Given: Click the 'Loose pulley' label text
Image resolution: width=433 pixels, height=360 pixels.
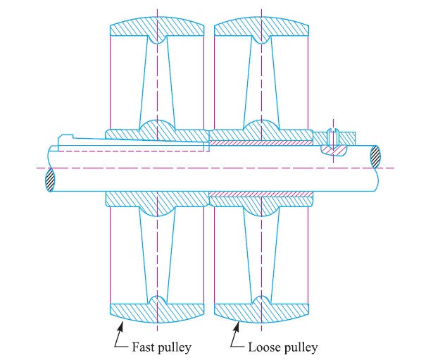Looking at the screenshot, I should pos(283,347).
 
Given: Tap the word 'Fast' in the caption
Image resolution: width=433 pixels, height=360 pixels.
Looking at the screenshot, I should pos(143,347).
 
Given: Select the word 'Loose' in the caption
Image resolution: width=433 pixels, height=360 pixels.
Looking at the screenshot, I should pos(262,347).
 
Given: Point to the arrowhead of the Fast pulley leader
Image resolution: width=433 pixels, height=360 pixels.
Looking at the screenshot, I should pos(122,322).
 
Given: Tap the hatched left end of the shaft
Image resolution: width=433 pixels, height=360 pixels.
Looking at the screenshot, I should pos(50,180).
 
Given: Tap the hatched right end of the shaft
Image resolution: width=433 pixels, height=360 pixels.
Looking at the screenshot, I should pos(377,156).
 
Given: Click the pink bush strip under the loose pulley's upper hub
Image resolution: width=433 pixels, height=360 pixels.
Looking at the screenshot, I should pos(261,143).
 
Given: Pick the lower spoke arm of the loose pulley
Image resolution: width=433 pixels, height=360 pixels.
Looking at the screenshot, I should pos(261,254).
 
